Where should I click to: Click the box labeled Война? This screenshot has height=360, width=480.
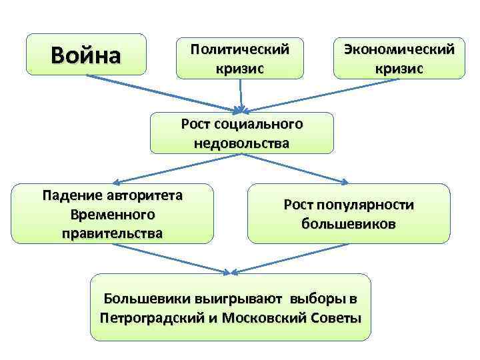pos(86,53)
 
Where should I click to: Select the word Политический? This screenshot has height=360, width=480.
pos(240,50)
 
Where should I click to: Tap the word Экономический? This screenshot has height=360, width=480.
pos(399,50)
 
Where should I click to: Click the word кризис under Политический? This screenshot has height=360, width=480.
pos(240,69)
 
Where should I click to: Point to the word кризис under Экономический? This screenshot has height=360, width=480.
pos(399,69)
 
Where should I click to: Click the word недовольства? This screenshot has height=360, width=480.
pos(242,143)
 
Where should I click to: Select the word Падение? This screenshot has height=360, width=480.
pos(71,196)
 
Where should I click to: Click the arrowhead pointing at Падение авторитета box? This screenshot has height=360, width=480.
pos(115,181)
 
